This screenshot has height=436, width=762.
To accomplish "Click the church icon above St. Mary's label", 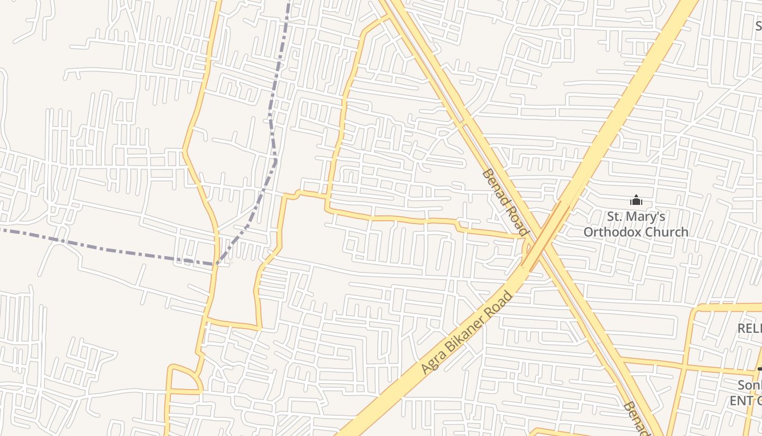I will pyautogui.click(x=636, y=201).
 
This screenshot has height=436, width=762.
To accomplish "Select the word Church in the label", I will pyautogui.click(x=665, y=232).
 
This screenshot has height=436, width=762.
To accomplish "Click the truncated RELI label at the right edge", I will pyautogui.click(x=749, y=328).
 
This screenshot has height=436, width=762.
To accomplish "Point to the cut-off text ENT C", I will pyautogui.click(x=746, y=401).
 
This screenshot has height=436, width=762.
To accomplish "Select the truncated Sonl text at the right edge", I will pyautogui.click(x=749, y=385).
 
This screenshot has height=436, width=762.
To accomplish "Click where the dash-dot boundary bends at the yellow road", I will pyautogui.click(x=216, y=264).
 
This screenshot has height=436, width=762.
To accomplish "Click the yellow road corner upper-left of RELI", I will pyautogui.click(x=696, y=309).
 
